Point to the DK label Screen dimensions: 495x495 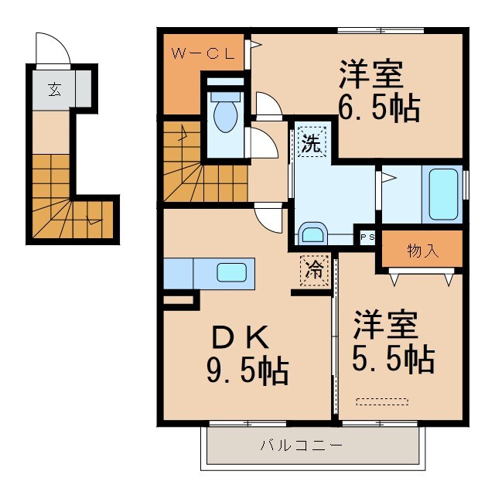240,337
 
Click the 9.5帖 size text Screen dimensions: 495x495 247,372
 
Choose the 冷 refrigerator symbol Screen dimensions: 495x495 315,271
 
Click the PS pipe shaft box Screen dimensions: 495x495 366,237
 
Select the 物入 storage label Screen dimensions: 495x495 422,251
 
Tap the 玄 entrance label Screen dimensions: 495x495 54,89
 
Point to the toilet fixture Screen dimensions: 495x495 225,117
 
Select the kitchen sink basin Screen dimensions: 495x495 232,272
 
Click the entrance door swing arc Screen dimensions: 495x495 54,49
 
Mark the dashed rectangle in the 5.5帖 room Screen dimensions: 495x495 381,400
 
